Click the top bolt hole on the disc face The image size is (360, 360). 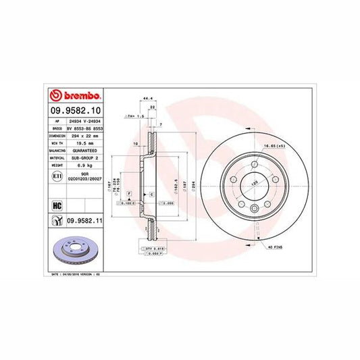255,161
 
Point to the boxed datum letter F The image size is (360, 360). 128,192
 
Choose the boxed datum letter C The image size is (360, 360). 151,193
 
